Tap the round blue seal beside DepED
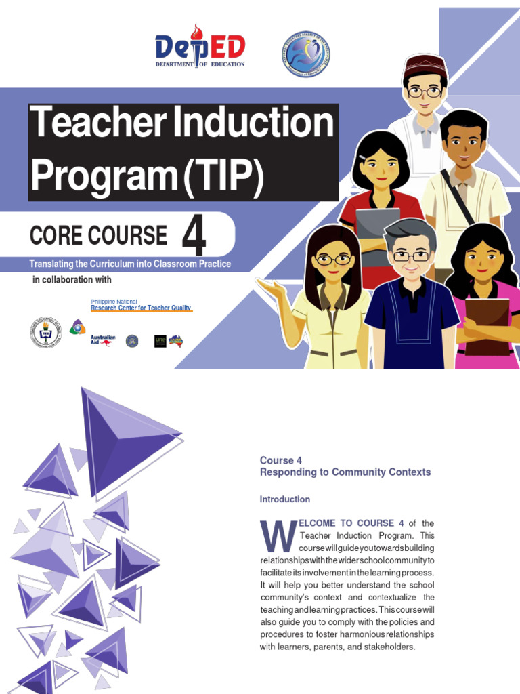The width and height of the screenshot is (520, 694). click(x=305, y=54)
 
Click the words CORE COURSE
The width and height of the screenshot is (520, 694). click(x=98, y=235)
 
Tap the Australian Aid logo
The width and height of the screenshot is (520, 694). click(x=103, y=340)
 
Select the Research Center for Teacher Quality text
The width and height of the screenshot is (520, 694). click(x=132, y=307)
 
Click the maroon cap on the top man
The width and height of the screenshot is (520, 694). click(x=425, y=65)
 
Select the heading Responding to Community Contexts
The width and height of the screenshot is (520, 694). click(x=345, y=472)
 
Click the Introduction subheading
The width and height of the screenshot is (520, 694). click(x=285, y=499)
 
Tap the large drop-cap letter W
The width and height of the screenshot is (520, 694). click(x=278, y=536)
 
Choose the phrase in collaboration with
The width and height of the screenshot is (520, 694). click(x=72, y=280)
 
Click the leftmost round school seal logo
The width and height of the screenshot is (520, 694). click(x=45, y=333)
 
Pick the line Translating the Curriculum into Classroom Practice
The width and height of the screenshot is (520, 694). click(x=130, y=263)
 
